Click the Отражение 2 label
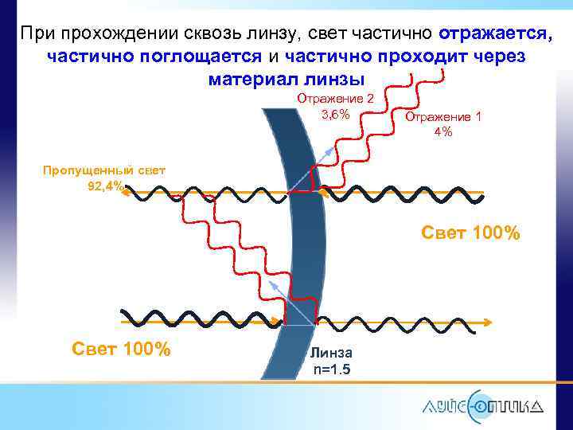coord(335,98)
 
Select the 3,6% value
coord(335,115)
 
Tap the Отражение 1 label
coord(443,116)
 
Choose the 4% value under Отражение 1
coord(443,132)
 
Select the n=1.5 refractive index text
coord(332,369)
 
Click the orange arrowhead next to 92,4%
coord(127,192)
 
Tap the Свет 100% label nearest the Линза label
coord(121,349)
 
